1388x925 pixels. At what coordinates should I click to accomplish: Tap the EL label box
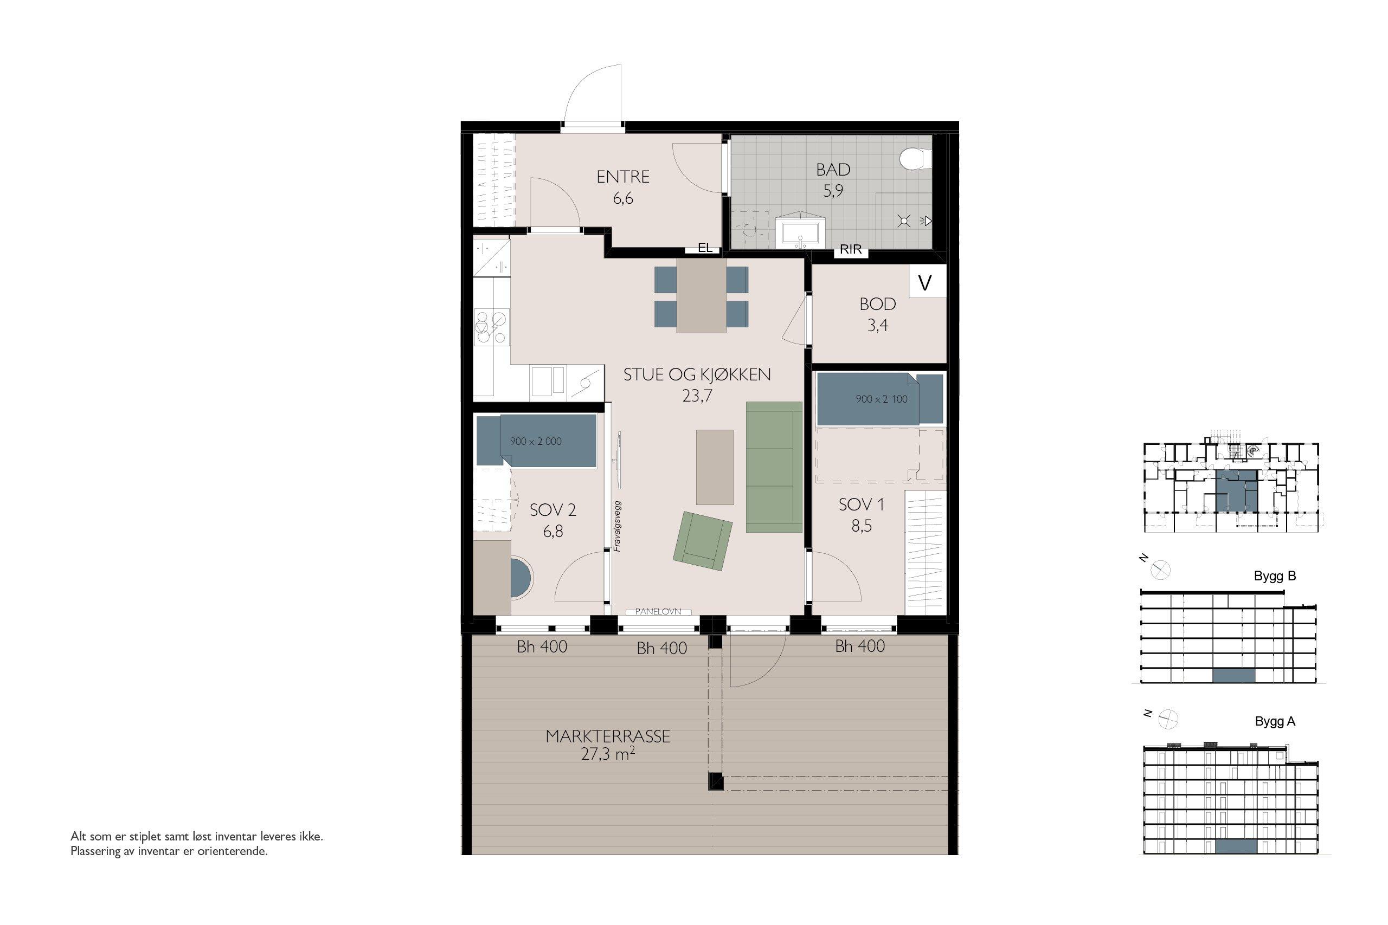[x=704, y=248]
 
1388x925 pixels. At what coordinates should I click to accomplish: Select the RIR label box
[x=850, y=249]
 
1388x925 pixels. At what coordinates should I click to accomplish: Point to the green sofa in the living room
[x=774, y=467]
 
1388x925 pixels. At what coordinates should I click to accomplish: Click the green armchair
[x=702, y=540]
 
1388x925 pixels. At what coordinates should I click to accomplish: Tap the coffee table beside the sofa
[x=715, y=467]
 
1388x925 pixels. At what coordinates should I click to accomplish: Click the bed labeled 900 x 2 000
[x=536, y=441]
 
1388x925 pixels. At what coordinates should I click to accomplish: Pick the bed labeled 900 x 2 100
[x=880, y=399]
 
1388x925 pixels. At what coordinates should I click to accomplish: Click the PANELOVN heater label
[x=658, y=612]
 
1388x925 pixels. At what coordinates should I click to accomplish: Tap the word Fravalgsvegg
[x=618, y=526]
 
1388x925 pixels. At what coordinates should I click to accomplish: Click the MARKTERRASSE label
[x=608, y=737]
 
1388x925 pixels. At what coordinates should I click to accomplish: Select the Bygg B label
[x=1275, y=577]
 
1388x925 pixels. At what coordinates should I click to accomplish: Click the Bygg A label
[x=1275, y=721]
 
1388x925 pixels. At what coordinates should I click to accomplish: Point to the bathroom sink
[x=801, y=232]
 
